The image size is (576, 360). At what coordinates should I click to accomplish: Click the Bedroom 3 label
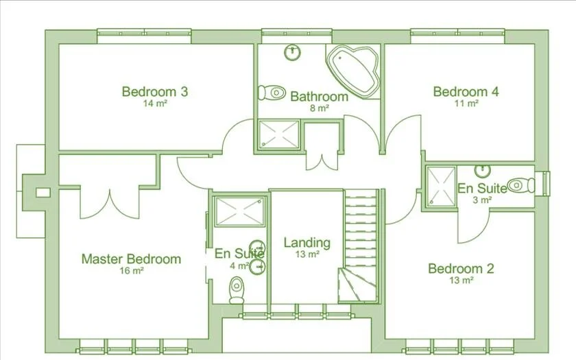click(154, 91)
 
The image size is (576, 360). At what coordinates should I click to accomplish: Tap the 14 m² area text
click(155, 104)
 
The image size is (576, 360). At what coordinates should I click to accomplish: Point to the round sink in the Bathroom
click(293, 51)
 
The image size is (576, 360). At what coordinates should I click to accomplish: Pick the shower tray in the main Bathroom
click(279, 134)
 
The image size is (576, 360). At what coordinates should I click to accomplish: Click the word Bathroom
click(319, 97)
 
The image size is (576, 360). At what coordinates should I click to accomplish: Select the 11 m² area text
click(466, 104)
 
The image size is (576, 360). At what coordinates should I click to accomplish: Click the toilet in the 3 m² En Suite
click(522, 185)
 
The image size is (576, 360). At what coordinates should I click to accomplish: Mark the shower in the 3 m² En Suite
click(441, 186)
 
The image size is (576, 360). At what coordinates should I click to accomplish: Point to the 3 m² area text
click(482, 200)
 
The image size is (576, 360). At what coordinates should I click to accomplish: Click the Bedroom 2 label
click(461, 268)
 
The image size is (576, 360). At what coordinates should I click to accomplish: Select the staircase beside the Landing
click(361, 247)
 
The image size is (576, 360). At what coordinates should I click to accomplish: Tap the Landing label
click(307, 243)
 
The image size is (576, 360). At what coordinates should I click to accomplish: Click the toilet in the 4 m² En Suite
click(237, 289)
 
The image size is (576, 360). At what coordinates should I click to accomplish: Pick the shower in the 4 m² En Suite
click(239, 211)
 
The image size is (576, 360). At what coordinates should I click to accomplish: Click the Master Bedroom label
click(131, 259)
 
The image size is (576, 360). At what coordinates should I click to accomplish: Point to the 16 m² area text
click(132, 271)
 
